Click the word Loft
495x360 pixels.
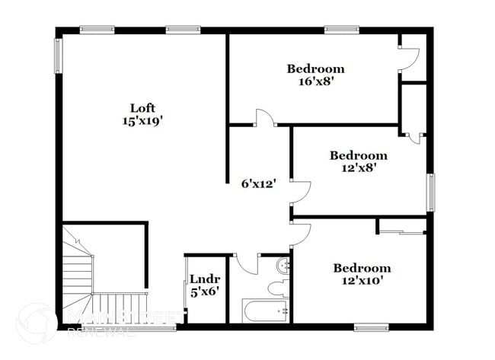(x=142, y=107)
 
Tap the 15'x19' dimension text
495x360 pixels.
(x=142, y=120)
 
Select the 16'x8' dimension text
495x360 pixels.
(x=315, y=81)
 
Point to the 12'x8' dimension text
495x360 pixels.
(x=357, y=168)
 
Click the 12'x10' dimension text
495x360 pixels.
(x=362, y=281)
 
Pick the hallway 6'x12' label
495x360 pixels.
(x=258, y=183)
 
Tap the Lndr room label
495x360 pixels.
(x=204, y=278)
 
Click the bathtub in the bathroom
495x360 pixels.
(x=265, y=311)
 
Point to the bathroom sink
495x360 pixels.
(x=283, y=266)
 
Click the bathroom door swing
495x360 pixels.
(x=246, y=263)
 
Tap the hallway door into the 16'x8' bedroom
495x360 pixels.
(x=264, y=118)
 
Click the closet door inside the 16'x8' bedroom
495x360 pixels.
(x=410, y=58)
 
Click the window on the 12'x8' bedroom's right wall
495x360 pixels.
(x=430, y=191)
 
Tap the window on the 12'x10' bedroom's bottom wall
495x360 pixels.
(x=372, y=327)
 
